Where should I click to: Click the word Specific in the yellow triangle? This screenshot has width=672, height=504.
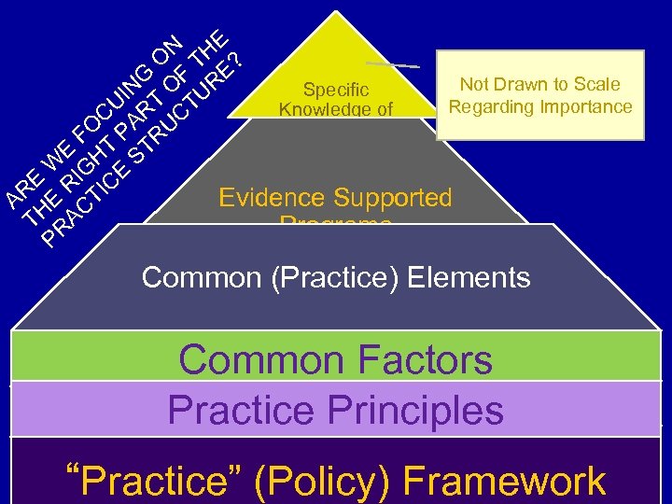pos(336,90)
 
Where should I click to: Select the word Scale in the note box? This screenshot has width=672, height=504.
pos(597,85)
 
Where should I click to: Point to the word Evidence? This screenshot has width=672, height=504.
pos(273,198)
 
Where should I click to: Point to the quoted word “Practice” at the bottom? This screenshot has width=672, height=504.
pos(158,482)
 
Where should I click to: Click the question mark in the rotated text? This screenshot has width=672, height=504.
pos(237,62)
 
